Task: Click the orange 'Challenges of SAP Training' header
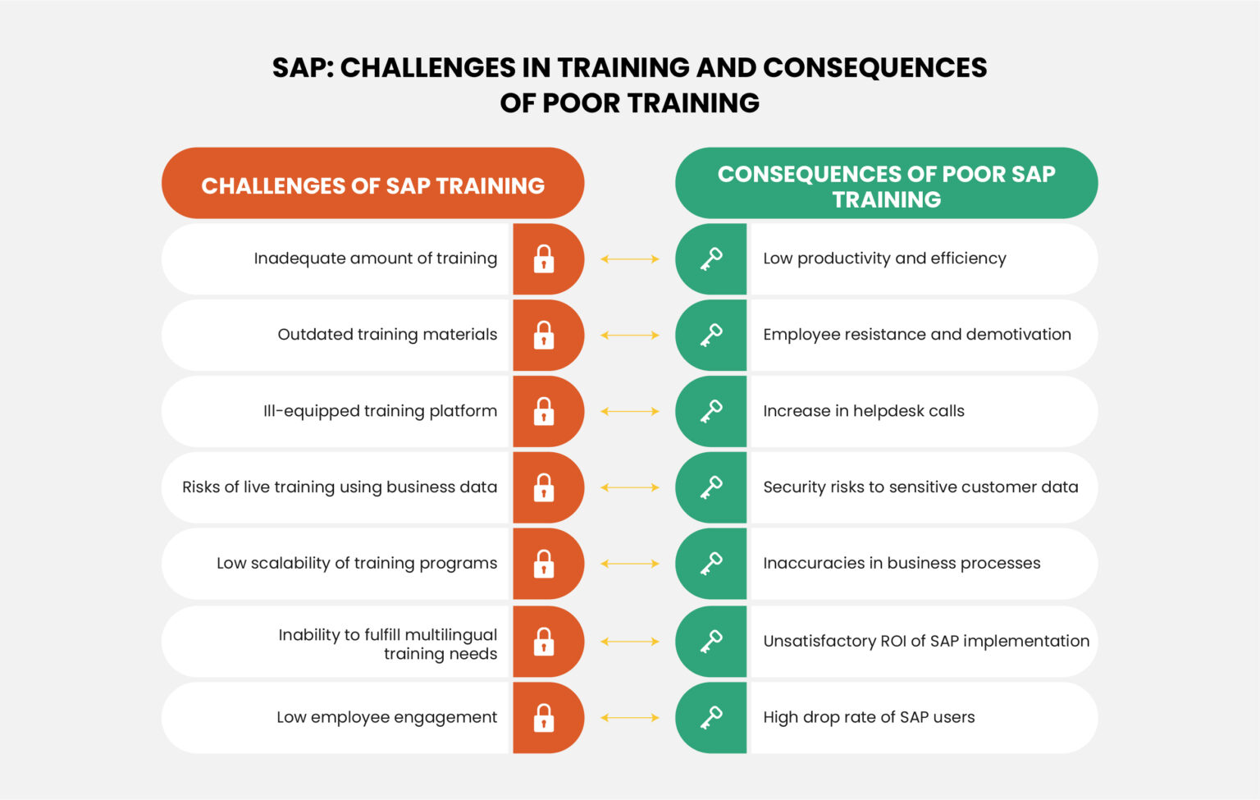tap(372, 185)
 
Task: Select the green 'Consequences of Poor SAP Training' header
tap(886, 185)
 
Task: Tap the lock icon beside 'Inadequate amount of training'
tap(544, 259)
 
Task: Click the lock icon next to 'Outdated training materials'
tap(544, 336)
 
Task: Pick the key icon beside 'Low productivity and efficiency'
tap(710, 259)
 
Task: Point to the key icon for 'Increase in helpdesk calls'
tap(710, 411)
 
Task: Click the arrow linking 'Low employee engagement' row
tap(630, 718)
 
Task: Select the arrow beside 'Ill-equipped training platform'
tap(630, 411)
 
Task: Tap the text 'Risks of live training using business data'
tap(340, 487)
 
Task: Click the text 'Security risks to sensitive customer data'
tap(920, 487)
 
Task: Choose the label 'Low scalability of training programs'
tap(357, 564)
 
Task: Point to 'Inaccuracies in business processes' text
tap(902, 564)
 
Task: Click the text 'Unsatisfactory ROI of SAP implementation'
tap(926, 642)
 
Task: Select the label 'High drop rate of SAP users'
tap(869, 718)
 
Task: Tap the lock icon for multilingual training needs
tap(544, 642)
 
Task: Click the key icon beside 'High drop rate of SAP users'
tap(710, 718)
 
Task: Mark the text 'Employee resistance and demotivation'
tap(917, 335)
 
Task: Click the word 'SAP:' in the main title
tap(303, 67)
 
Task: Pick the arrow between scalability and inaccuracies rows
tap(630, 564)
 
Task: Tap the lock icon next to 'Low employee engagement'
tap(544, 718)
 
